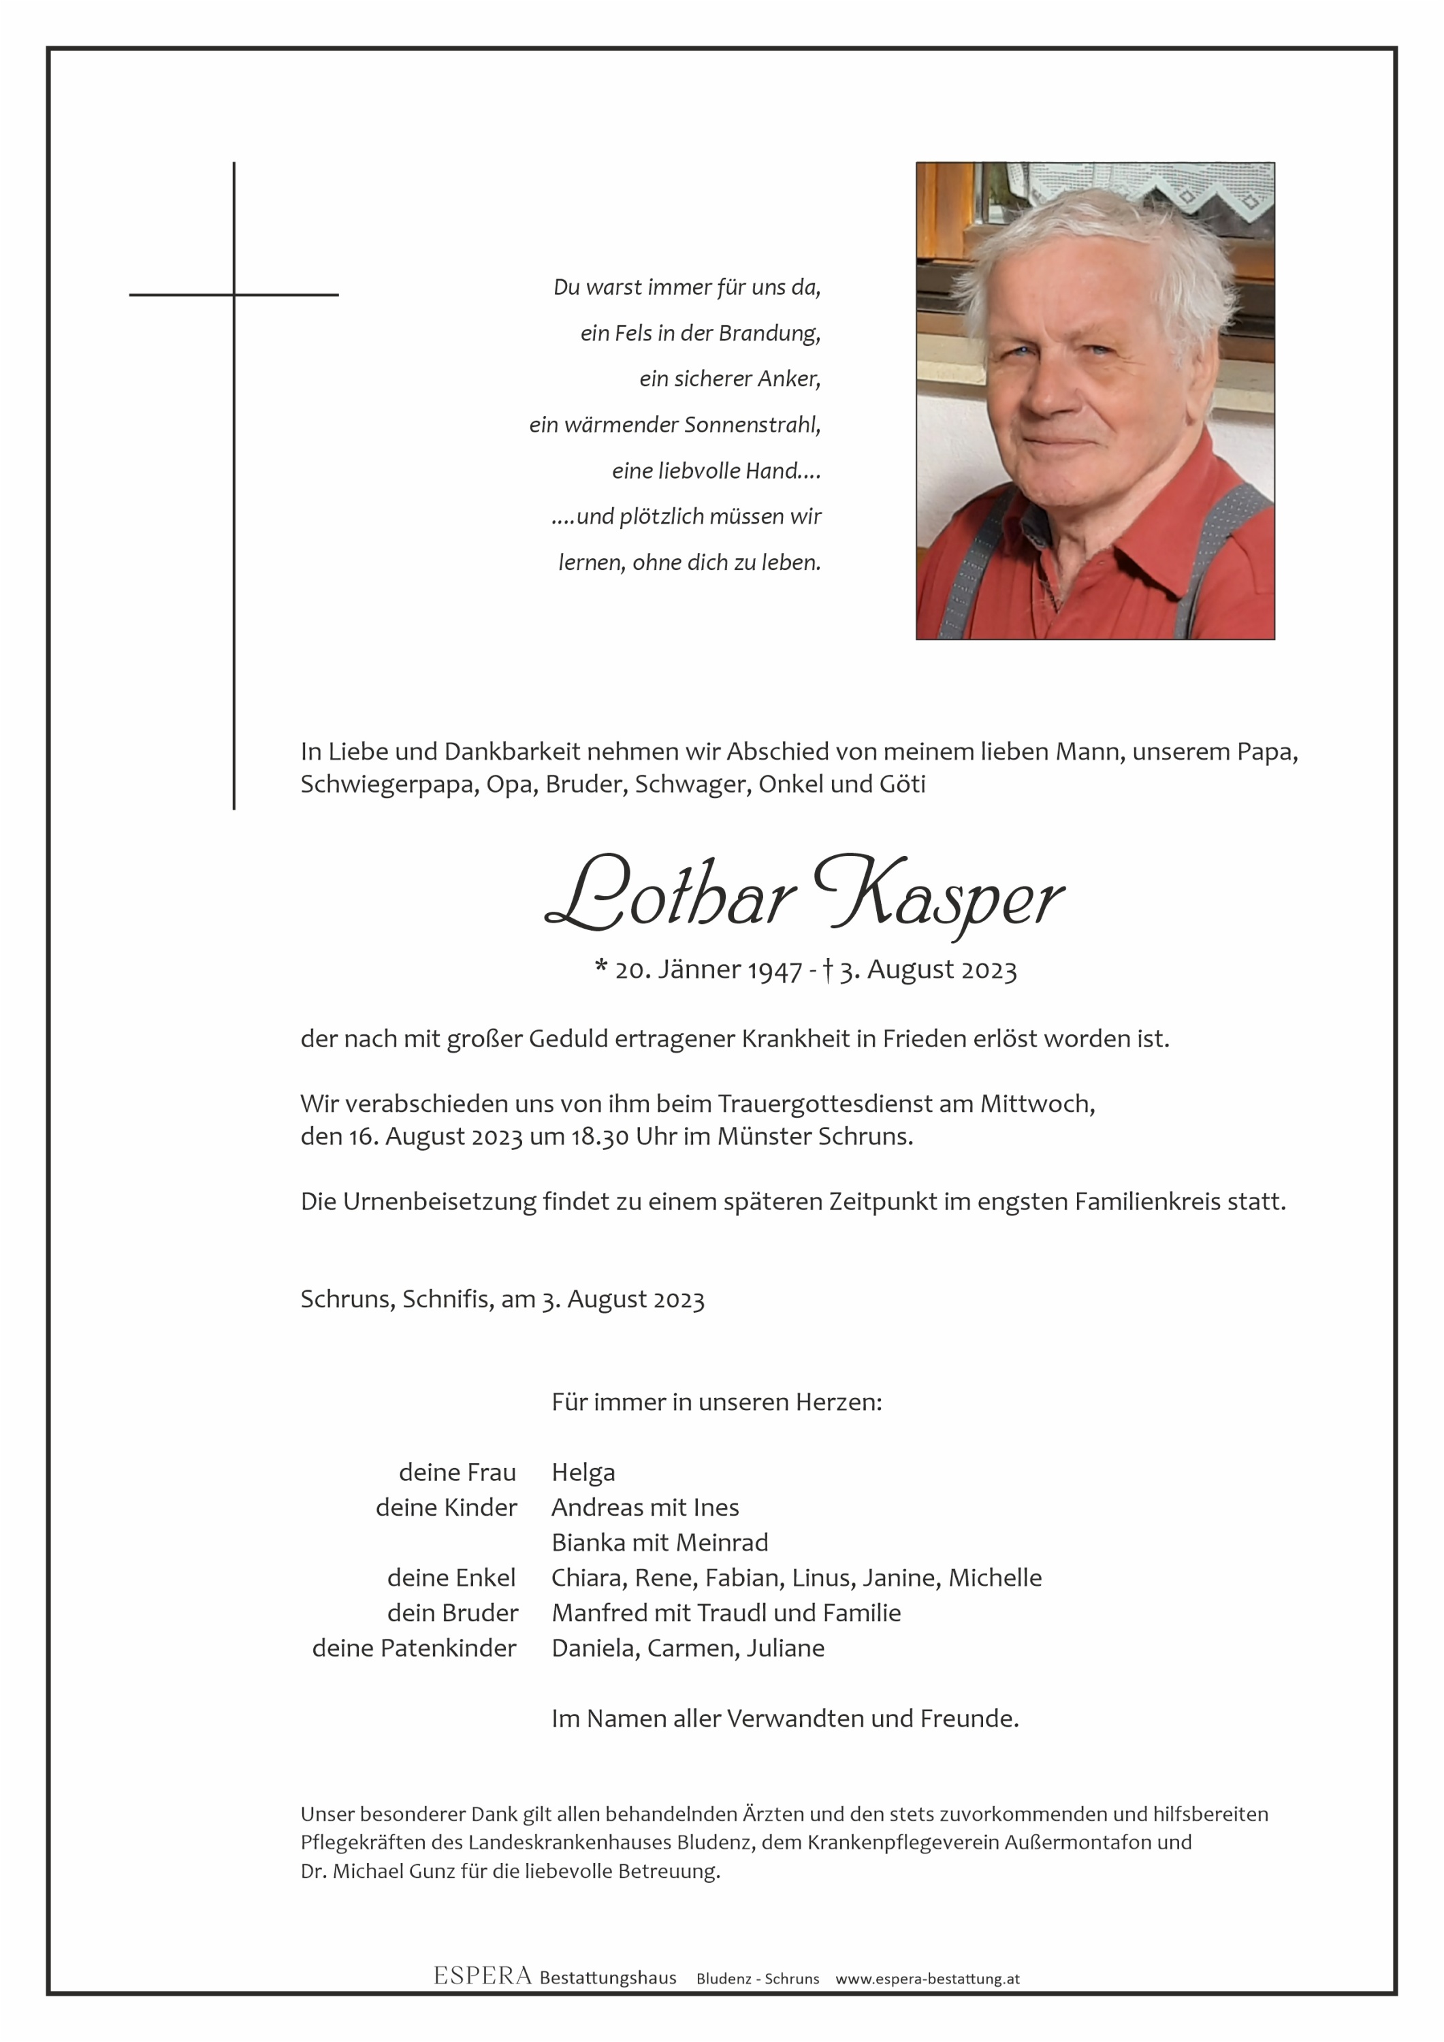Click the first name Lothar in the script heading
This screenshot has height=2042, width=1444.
point(669,893)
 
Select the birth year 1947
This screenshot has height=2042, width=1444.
point(775,970)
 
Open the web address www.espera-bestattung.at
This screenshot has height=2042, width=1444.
point(927,1979)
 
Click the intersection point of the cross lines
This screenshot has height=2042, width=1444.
point(234,294)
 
